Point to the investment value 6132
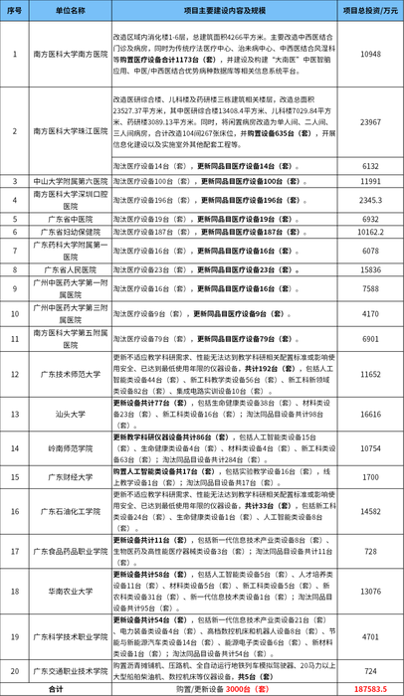click(371, 167)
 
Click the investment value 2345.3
click(371, 199)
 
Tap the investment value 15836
click(371, 269)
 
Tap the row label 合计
click(57, 687)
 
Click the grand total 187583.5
click(371, 687)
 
